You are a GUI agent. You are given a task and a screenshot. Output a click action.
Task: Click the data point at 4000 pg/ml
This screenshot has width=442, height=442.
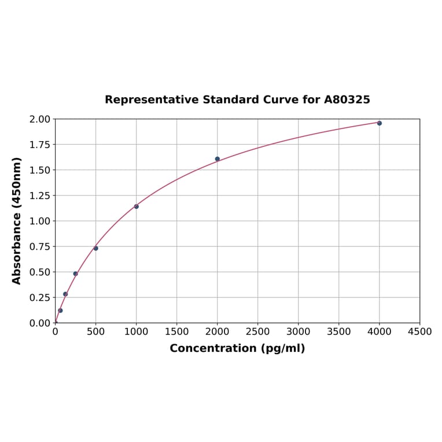[380, 123]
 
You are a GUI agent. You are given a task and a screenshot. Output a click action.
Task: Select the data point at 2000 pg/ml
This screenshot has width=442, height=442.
[218, 159]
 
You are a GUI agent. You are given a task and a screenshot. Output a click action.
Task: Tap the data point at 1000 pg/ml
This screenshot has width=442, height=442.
[137, 207]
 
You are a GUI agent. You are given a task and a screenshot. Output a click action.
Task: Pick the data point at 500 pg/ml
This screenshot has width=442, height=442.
[96, 248]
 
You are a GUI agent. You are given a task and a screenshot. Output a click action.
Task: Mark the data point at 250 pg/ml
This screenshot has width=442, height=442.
[76, 274]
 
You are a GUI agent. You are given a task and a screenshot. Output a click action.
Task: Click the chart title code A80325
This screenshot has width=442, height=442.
[347, 100]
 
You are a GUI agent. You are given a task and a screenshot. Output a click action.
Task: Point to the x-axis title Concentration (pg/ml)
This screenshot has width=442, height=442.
[237, 348]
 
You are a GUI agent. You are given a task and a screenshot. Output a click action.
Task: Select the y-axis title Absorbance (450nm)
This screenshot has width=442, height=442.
[17, 220]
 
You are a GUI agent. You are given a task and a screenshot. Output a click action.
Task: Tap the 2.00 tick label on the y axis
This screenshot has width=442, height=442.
[40, 119]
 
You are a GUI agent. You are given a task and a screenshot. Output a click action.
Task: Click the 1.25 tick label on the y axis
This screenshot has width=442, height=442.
[40, 196]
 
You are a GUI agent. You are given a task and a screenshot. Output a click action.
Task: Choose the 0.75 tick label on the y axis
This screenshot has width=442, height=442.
[40, 246]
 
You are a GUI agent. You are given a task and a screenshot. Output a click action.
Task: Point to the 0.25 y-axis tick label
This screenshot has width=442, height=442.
[40, 297]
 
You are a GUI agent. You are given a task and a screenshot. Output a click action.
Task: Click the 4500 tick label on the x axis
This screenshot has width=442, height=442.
[419, 332]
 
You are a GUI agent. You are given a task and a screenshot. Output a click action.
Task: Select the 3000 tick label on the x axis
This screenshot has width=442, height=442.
[299, 332]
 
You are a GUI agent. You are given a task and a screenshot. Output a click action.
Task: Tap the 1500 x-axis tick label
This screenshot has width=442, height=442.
[177, 332]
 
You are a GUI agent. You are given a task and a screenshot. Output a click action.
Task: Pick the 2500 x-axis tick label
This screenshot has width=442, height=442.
[258, 332]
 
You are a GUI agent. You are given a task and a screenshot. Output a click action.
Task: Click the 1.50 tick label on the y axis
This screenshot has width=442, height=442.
[40, 170]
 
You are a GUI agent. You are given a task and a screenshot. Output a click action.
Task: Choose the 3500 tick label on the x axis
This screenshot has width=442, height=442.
[339, 332]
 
